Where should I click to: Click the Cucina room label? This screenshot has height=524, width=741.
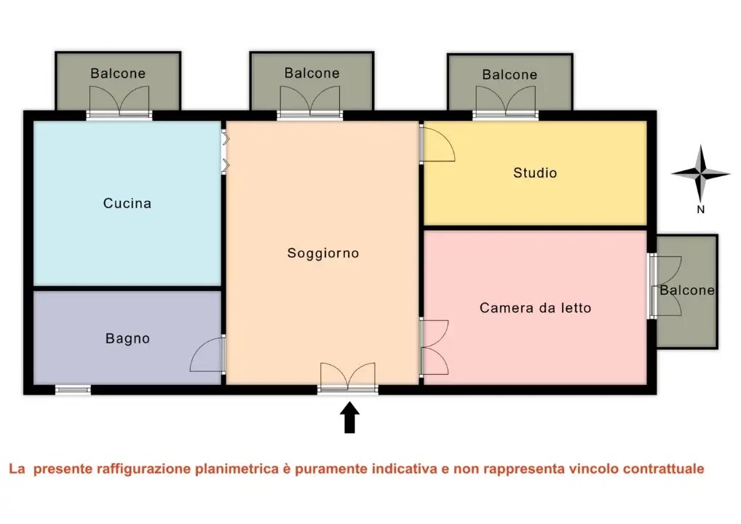[127, 203]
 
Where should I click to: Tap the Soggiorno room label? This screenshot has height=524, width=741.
[323, 253]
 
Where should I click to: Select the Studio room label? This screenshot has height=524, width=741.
[535, 172]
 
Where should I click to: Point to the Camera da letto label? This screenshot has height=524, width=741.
[535, 308]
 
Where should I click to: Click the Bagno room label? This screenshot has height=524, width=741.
[127, 338]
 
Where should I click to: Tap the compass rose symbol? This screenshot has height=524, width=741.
[700, 174]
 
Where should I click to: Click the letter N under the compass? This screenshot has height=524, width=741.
[700, 210]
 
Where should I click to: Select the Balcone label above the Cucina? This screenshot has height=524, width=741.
[118, 74]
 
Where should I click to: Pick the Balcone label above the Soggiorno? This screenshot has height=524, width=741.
[312, 73]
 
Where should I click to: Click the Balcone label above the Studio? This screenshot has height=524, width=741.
[510, 74]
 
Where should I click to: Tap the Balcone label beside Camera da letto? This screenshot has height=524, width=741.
[687, 290]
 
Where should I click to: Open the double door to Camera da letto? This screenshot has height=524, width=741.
[434, 346]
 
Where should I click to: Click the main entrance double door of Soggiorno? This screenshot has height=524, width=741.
[348, 378]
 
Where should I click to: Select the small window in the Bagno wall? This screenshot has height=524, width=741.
[73, 390]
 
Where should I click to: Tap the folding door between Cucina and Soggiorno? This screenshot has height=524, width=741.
[226, 152]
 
